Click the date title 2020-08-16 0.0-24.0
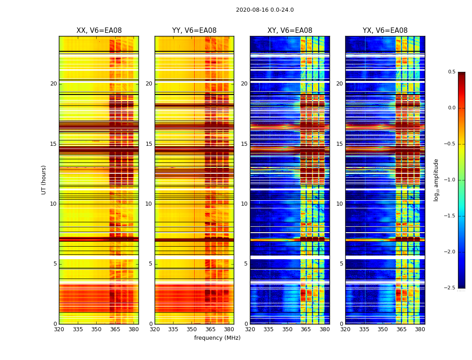click(265, 10)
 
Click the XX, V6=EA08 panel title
click(99, 31)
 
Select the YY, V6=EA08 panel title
click(194, 31)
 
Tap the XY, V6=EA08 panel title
click(289, 31)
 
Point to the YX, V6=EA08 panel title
click(385, 31)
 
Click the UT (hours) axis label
click(44, 180)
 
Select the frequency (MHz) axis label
click(217, 338)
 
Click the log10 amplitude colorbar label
click(436, 180)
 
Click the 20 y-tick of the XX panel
click(53, 84)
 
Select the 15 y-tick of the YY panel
click(149, 144)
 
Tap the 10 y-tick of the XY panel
click(244, 204)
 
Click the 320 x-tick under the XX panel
click(59, 329)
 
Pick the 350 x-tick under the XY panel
click(287, 329)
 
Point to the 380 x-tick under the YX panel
click(420, 329)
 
